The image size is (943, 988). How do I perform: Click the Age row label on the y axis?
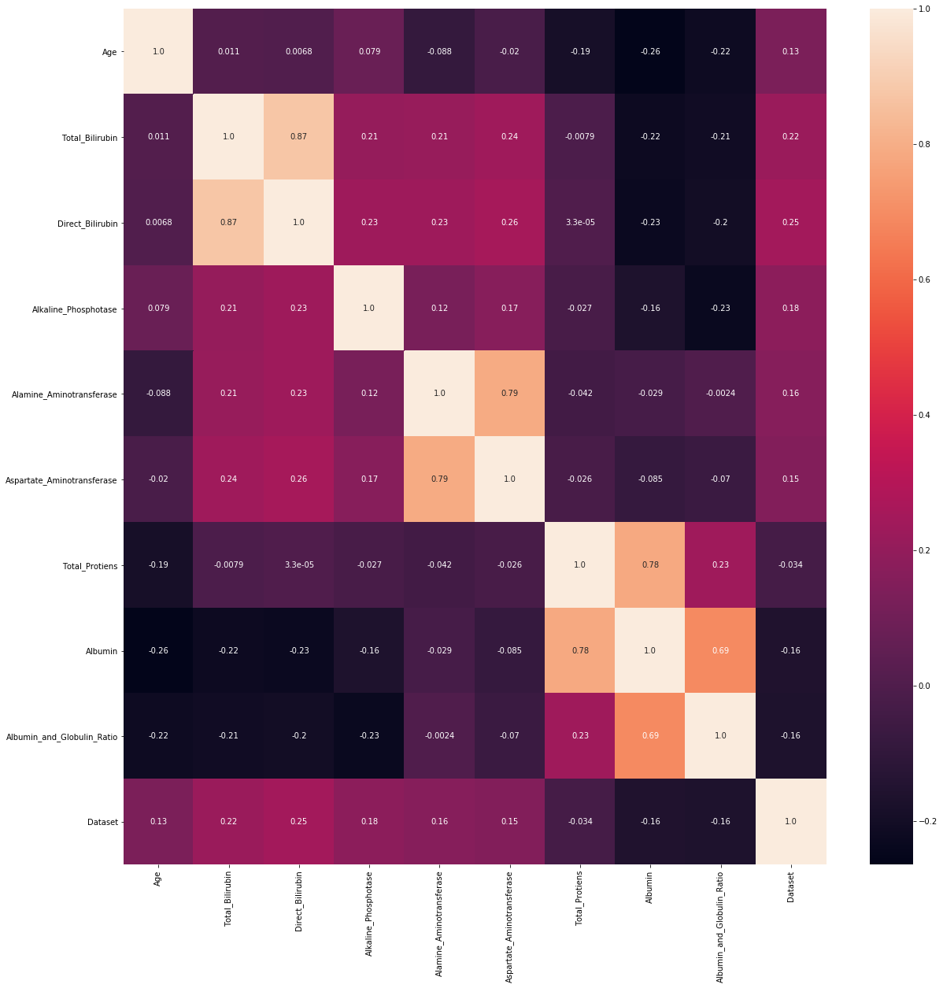[x=109, y=52]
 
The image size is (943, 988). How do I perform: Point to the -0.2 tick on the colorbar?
[x=917, y=821]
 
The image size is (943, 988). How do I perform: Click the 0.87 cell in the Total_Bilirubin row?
[x=298, y=137]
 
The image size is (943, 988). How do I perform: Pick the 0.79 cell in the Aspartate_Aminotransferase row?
[x=439, y=479]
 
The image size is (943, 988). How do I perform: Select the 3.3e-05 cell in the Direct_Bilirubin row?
[x=579, y=223]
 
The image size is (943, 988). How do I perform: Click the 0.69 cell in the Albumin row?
[x=720, y=650]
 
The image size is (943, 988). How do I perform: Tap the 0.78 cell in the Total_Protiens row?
[x=649, y=564]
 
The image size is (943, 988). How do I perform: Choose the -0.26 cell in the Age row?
[x=649, y=52]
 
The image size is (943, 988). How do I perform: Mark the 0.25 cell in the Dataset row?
[x=298, y=821]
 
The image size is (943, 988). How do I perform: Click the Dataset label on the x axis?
[x=790, y=886]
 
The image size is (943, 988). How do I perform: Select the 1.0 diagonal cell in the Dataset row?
[x=790, y=821]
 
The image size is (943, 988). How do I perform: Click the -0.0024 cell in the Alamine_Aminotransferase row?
[x=720, y=394]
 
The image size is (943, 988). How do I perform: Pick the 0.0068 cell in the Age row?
[x=298, y=52]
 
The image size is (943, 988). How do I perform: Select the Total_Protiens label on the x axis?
[x=579, y=897]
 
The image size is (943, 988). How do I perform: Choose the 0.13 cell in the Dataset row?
[x=158, y=821]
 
